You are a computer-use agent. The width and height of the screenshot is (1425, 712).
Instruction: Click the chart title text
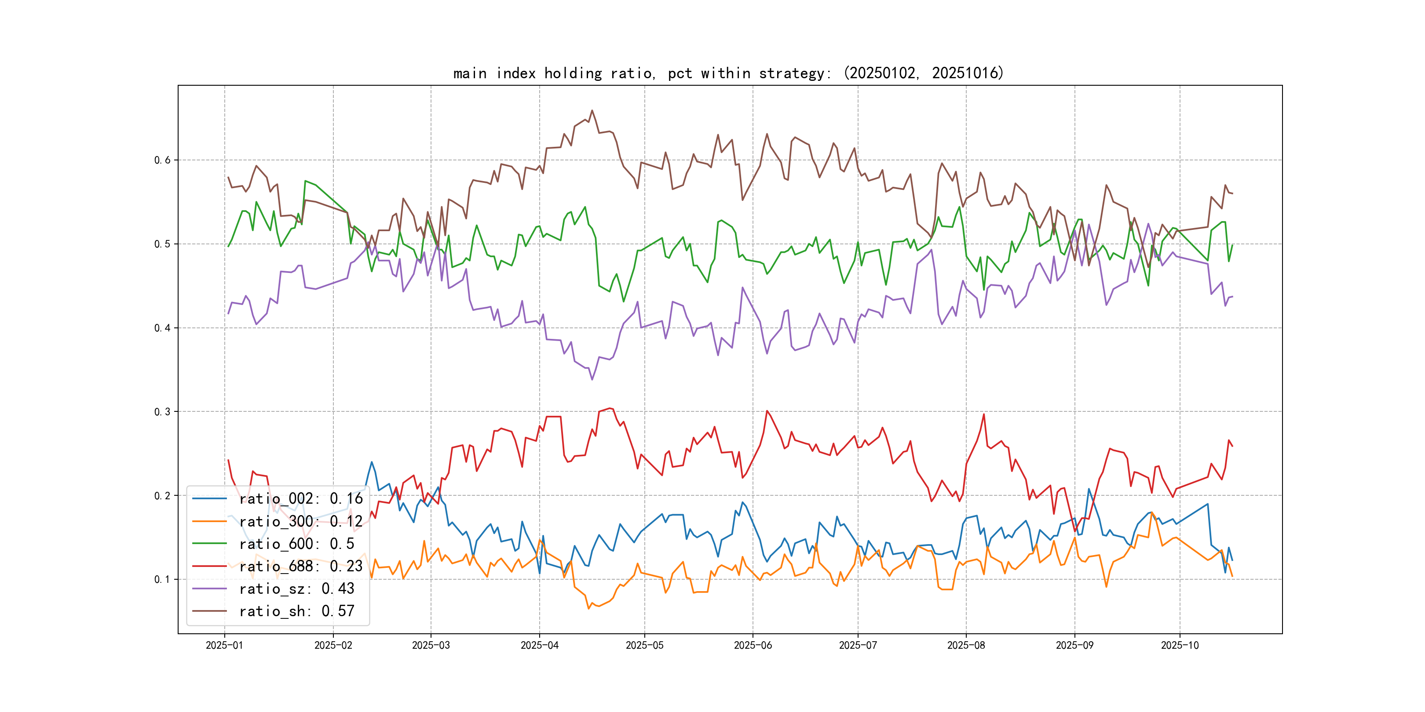pyautogui.click(x=728, y=73)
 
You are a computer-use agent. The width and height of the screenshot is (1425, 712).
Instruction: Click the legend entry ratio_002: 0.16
pyautogui.click(x=301, y=499)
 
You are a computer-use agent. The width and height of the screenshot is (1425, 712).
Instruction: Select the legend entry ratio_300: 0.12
pyautogui.click(x=301, y=521)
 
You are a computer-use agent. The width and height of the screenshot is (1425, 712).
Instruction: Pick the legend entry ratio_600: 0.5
pyautogui.click(x=296, y=544)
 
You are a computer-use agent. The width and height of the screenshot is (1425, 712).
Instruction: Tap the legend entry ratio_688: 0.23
pyautogui.click(x=301, y=566)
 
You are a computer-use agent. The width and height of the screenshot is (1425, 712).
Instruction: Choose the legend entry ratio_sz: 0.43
pyautogui.click(x=296, y=589)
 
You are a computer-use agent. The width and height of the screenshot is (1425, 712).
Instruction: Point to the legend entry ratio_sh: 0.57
pyautogui.click(x=296, y=611)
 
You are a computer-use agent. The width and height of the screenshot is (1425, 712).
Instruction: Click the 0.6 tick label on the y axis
pyautogui.click(x=162, y=160)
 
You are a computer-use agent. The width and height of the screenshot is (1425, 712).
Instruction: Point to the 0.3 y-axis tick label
pyautogui.click(x=162, y=412)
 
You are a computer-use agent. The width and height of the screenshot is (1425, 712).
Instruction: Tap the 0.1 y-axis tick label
pyautogui.click(x=162, y=579)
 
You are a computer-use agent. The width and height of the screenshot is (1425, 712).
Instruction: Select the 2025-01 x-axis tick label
pyautogui.click(x=224, y=645)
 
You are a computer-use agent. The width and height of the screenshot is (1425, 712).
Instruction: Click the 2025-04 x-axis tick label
pyautogui.click(x=539, y=645)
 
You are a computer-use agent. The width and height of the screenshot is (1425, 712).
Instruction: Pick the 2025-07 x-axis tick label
pyautogui.click(x=858, y=645)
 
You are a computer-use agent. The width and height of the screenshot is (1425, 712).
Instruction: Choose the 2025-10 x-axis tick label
pyautogui.click(x=1180, y=645)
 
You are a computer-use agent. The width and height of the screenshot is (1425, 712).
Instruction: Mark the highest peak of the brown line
pyautogui.click(x=592, y=110)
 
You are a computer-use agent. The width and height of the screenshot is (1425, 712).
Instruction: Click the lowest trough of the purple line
pyautogui.click(x=592, y=380)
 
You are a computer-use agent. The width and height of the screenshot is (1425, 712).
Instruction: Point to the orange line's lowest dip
pyautogui.click(x=588, y=609)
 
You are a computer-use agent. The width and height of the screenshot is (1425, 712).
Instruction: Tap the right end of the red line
pyautogui.click(x=1232, y=446)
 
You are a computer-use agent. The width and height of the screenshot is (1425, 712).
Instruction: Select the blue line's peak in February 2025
pyautogui.click(x=372, y=462)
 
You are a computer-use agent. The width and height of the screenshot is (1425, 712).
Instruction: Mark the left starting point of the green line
pyautogui.click(x=228, y=247)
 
